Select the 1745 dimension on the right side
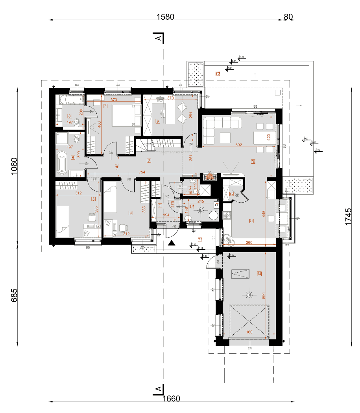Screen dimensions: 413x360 [348, 217]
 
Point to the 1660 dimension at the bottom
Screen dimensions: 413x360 [171, 398]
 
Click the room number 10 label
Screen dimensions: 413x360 [253, 161]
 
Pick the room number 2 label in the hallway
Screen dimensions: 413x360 [149, 160]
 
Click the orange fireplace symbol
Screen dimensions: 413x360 [210, 177]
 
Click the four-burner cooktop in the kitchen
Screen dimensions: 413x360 [228, 215]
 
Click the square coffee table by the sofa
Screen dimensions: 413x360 [225, 138]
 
